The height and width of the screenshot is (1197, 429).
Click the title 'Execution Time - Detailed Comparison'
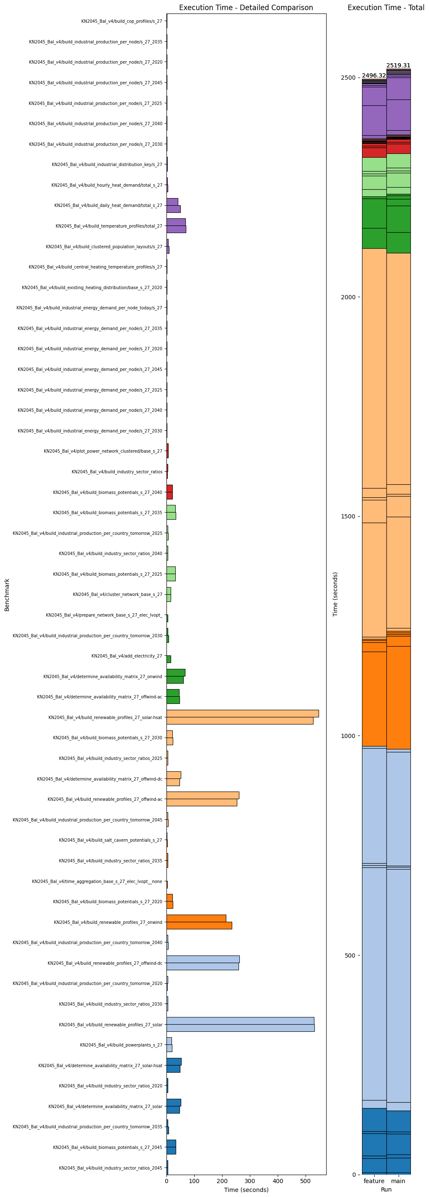point(246,8)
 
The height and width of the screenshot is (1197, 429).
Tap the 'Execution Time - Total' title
point(385,8)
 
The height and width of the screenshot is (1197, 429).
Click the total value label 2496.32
point(374,76)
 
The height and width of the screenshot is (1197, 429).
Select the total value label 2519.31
point(398,65)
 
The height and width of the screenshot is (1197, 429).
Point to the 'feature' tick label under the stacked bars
point(374,1181)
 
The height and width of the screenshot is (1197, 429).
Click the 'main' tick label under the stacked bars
point(398,1181)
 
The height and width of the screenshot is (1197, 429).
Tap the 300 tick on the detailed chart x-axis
point(249,1181)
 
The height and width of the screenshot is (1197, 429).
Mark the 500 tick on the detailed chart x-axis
point(306,1181)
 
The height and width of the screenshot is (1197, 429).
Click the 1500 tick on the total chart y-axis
point(349,516)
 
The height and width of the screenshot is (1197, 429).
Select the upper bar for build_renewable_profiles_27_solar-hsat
point(242,713)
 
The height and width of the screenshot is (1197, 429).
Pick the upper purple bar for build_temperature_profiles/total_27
point(176,222)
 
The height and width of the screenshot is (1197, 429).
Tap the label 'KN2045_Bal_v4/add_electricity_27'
point(126,656)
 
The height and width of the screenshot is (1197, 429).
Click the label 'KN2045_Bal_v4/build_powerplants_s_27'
point(121,1044)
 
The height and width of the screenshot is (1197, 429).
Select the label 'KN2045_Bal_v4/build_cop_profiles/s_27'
point(121,21)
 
